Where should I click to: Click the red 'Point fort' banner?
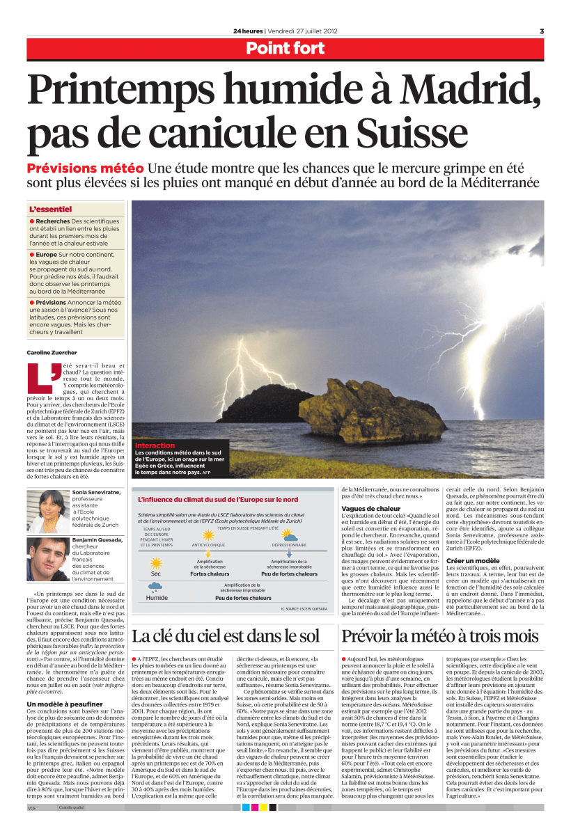[x=285, y=48]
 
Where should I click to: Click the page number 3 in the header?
[x=541, y=31]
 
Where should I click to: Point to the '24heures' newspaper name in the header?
[x=249, y=31]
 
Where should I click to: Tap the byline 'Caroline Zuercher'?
[x=54, y=352]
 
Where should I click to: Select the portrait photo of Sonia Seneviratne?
[x=47, y=512]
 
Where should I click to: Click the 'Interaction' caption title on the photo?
[x=155, y=445]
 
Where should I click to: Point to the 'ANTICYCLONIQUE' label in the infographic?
[x=208, y=545]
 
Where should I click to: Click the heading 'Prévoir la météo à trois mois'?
[x=439, y=635]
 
